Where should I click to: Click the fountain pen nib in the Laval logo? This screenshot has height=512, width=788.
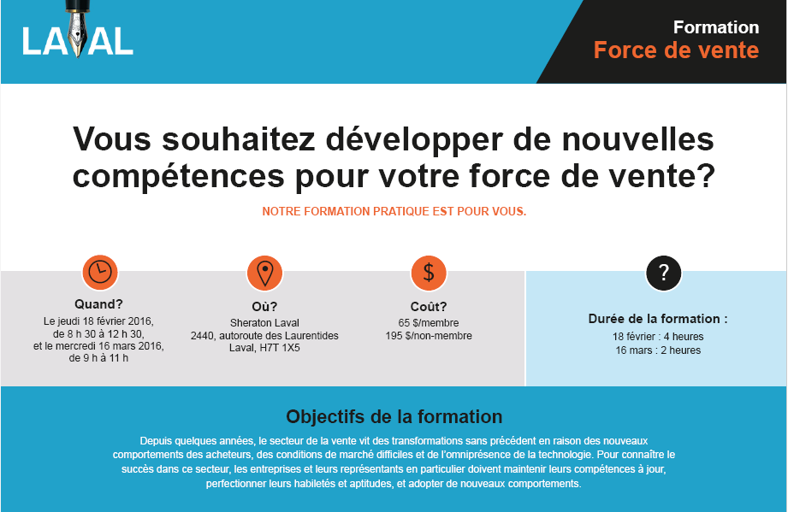[78, 31]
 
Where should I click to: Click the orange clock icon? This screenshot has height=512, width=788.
[100, 273]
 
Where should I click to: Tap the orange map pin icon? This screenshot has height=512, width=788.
[264, 273]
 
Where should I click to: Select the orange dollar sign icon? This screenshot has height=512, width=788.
[429, 273]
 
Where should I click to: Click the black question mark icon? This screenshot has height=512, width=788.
[663, 273]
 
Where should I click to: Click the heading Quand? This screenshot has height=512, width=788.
[98, 304]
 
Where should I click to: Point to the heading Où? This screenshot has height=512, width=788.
[264, 306]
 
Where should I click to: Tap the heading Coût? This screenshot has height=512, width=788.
[429, 306]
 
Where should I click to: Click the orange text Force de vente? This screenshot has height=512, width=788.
[676, 50]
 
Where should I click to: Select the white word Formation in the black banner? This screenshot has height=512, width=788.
[716, 27]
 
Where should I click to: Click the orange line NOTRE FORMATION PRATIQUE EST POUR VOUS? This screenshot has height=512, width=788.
[394, 211]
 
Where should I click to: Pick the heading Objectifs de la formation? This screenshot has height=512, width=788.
[394, 416]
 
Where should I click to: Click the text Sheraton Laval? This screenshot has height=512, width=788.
[264, 323]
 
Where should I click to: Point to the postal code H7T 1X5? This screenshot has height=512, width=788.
[280, 348]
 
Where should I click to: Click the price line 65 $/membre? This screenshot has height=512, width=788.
[429, 323]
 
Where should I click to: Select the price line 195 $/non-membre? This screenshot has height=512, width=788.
[429, 336]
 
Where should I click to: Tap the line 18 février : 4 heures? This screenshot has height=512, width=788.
[658, 337]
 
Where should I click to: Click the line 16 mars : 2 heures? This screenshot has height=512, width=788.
[658, 350]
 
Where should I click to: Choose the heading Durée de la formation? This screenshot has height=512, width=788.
[658, 319]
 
